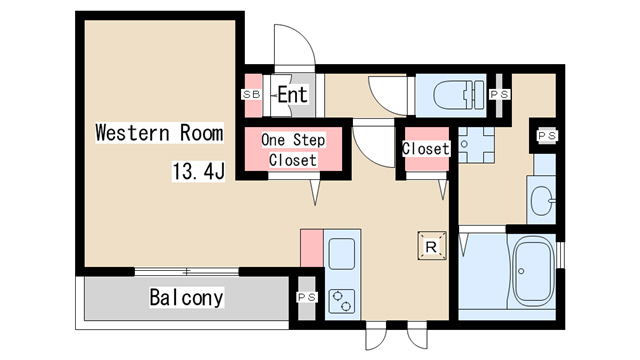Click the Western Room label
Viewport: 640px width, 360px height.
[x=159, y=133]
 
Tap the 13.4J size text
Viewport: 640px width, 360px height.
[x=198, y=171]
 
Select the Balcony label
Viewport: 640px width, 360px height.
[x=187, y=297]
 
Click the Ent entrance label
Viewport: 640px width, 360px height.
[x=292, y=95]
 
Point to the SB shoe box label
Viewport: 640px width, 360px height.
[x=251, y=94]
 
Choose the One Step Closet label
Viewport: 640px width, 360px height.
[x=293, y=150]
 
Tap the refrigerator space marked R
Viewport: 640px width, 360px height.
[x=431, y=246]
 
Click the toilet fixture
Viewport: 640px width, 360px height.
[x=458, y=95]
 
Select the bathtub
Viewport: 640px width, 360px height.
[x=534, y=271]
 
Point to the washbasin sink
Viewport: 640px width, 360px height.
[x=542, y=201]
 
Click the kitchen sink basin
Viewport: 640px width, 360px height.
[x=342, y=254]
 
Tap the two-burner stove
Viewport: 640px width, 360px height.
[x=342, y=302]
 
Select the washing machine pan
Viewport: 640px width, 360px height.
[x=476, y=145]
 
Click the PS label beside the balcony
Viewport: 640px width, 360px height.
[x=307, y=298]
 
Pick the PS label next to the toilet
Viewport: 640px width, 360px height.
[x=500, y=95]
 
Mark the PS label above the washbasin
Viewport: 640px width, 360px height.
[x=547, y=136]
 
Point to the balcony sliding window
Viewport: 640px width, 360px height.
[x=187, y=271]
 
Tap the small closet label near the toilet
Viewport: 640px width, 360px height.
[x=426, y=149]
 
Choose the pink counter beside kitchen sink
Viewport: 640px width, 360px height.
[x=312, y=249]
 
